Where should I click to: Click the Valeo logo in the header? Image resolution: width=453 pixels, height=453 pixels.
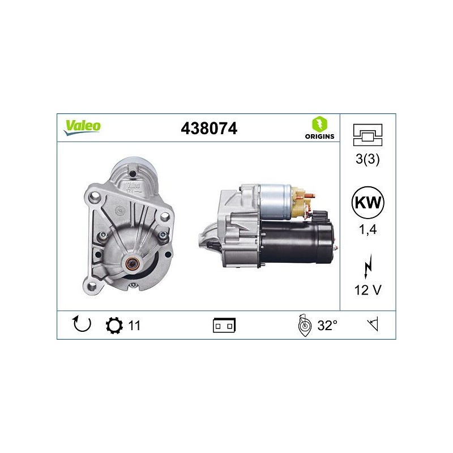82,127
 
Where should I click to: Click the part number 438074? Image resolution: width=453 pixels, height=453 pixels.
209,129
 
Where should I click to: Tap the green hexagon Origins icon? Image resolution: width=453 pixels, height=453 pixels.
319,124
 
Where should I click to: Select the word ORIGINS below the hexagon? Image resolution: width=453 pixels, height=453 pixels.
319,136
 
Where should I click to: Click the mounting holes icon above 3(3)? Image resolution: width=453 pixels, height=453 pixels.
367,135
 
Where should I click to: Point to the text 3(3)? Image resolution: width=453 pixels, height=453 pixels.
367,159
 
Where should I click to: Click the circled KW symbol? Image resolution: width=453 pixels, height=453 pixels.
367,202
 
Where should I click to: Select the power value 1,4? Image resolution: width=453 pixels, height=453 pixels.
367,229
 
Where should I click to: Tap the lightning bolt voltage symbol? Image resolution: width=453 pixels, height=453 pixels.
368,267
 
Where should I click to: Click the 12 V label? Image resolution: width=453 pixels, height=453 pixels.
367,290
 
